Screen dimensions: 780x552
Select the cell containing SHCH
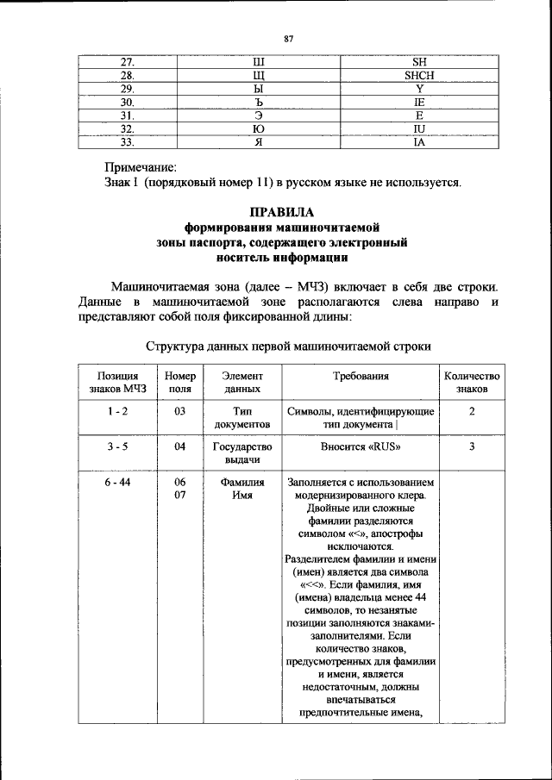(418, 75)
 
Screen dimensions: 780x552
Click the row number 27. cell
(127, 62)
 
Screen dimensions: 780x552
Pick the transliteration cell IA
(418, 142)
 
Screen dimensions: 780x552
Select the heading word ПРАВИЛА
(282, 212)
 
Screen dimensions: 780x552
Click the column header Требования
(361, 377)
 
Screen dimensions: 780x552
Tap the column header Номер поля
(179, 383)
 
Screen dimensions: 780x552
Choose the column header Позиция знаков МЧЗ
(118, 383)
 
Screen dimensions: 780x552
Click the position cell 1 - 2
(118, 412)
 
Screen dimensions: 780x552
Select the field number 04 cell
(179, 447)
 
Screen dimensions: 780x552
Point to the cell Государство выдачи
(241, 453)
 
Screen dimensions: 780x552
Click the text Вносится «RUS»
(361, 447)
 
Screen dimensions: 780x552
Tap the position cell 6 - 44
(118, 484)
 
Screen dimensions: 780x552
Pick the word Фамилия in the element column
(241, 484)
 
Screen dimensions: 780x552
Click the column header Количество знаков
(471, 383)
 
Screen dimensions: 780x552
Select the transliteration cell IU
(418, 129)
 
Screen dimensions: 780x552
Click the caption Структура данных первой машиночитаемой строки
(288, 346)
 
